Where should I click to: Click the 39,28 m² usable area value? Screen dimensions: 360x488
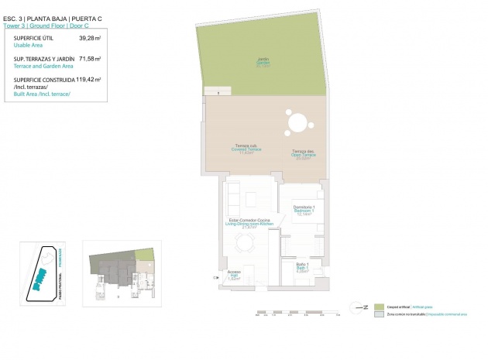tap(90, 37)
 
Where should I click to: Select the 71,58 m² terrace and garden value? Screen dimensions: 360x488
tap(90, 58)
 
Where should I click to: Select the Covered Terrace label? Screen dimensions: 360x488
tap(245, 150)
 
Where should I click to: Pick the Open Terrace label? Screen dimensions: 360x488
tap(302, 154)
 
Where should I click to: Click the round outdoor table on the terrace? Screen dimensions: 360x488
tap(298, 122)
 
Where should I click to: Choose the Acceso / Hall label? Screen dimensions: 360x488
tap(233, 274)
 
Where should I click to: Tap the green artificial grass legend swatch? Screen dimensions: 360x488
tap(378, 307)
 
